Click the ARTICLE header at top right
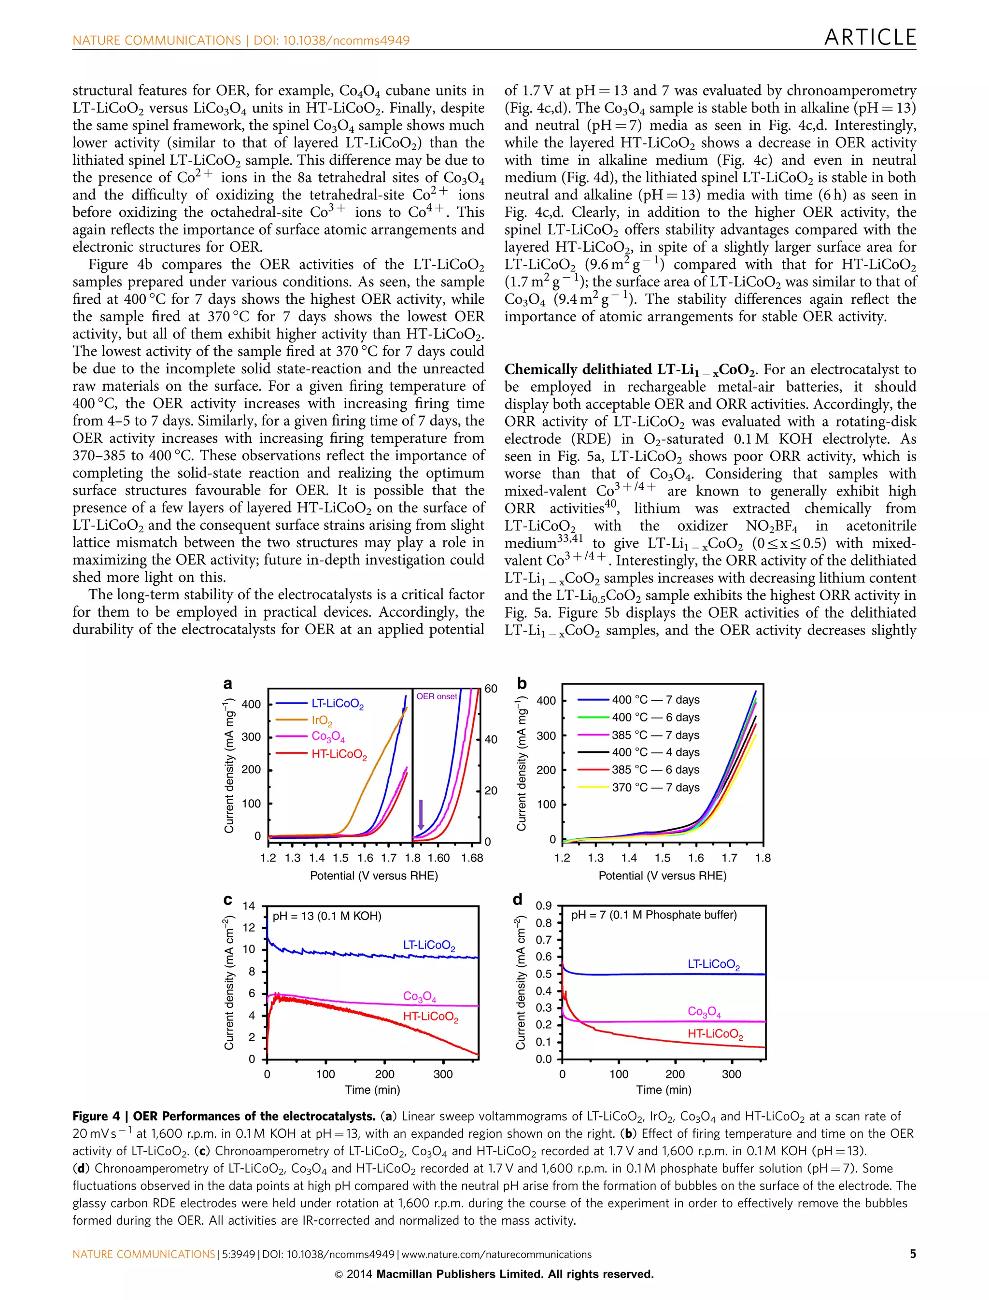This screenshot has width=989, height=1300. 870,38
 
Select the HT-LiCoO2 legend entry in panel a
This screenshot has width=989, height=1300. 339,754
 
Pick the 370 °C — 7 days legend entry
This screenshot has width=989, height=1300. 655,787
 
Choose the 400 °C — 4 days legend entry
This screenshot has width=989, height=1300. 655,752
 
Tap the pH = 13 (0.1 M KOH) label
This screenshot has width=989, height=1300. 327,916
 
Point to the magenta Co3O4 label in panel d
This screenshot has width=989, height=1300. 704,1012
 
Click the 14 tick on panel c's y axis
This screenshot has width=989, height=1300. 249,906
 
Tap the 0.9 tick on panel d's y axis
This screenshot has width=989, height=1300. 543,906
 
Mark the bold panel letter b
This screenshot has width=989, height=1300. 522,683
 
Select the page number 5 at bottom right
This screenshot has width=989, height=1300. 913,1254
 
